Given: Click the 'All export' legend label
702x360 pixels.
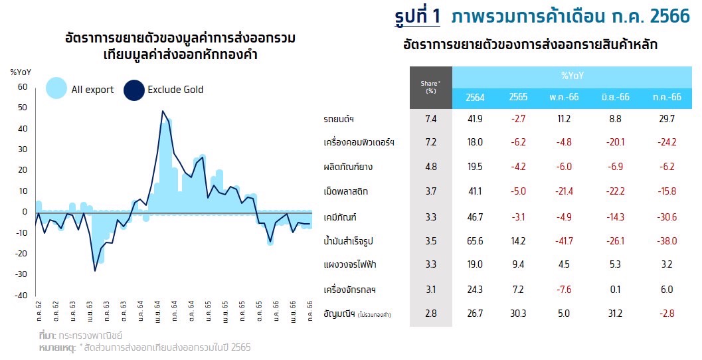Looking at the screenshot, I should click(92, 90).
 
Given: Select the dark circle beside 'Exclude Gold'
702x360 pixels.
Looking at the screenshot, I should click(134, 90).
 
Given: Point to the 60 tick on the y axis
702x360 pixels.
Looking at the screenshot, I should click(22, 86).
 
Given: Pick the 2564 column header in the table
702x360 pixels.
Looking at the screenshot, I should click(476, 97).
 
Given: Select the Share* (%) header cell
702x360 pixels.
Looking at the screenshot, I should click(430, 87).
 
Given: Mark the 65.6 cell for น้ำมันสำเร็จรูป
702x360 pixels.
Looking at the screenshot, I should click(476, 240).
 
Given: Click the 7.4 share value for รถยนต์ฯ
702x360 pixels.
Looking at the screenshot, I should click(430, 119).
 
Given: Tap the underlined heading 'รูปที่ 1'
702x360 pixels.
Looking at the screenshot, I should click(416, 17).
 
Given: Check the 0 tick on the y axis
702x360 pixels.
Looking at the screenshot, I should click(24, 212).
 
